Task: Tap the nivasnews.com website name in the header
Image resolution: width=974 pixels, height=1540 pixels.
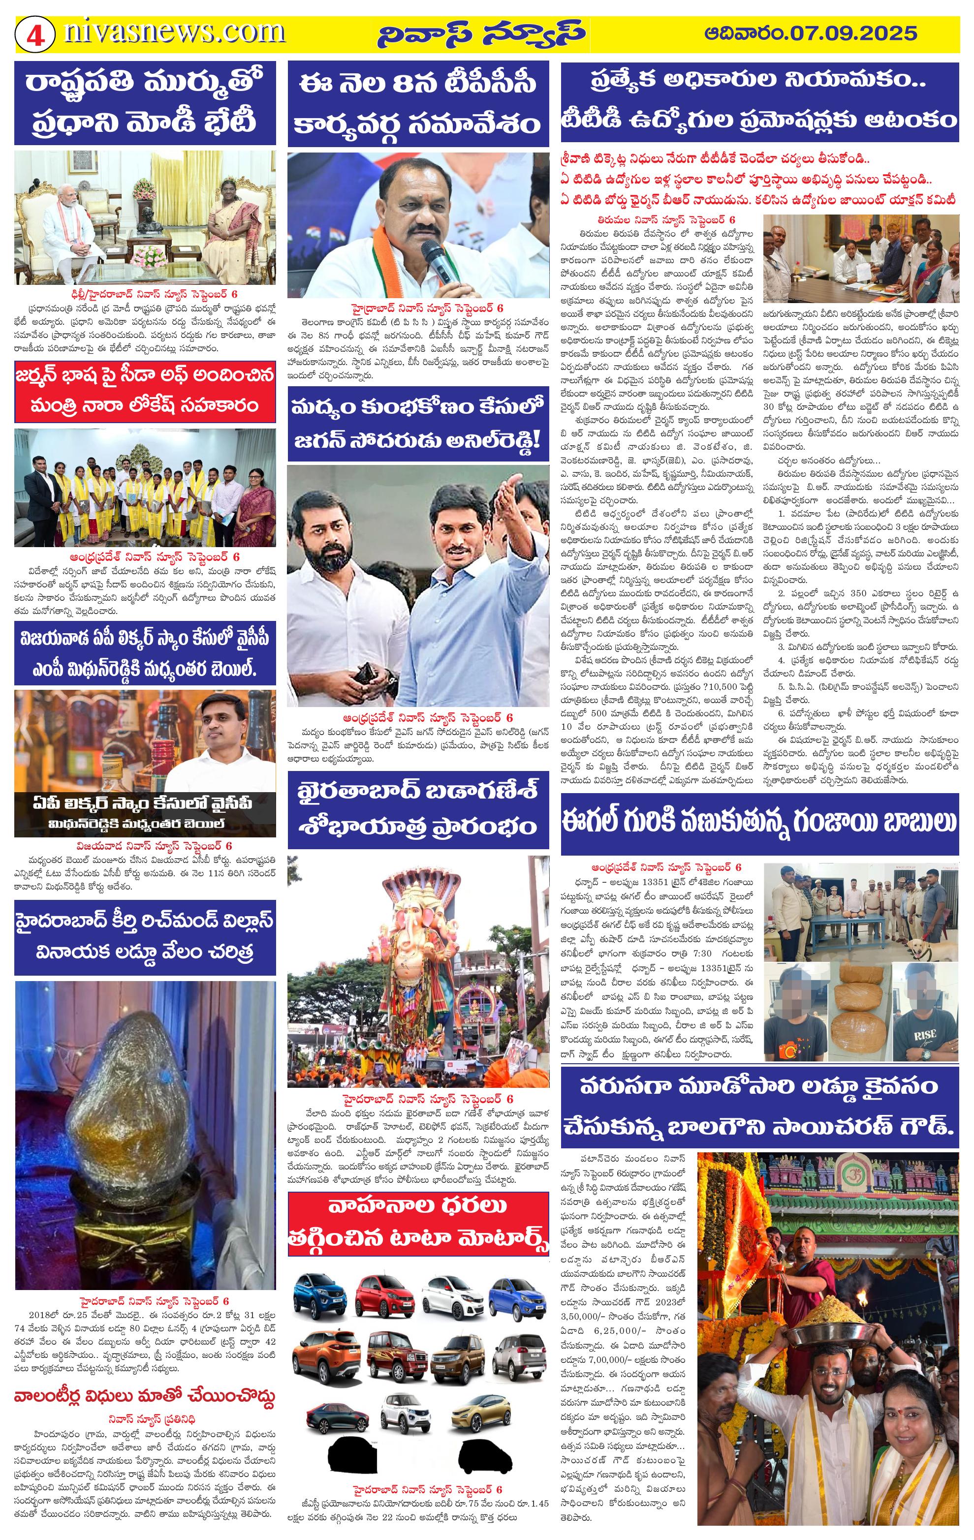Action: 174,31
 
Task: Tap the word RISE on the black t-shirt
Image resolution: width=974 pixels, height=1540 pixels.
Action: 925,1035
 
